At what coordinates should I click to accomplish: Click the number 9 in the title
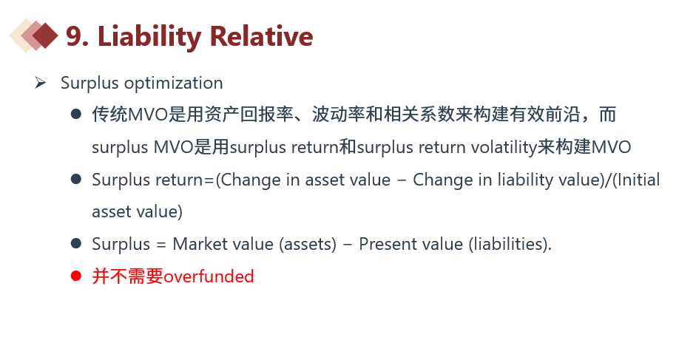pyautogui.click(x=74, y=35)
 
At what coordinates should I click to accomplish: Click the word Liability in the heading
pyautogui.click(x=149, y=37)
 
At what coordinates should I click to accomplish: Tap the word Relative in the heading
pyautogui.click(x=261, y=35)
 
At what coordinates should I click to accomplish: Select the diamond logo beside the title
pyautogui.click(x=33, y=35)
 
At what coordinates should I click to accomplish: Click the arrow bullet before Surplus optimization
pyautogui.click(x=40, y=82)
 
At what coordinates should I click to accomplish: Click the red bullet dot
pyautogui.click(x=76, y=276)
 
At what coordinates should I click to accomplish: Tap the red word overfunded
pyautogui.click(x=209, y=276)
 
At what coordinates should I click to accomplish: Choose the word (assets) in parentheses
pyautogui.click(x=308, y=245)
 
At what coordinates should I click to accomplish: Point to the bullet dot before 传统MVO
pyautogui.click(x=76, y=114)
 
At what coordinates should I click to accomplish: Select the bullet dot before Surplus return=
pyautogui.click(x=76, y=179)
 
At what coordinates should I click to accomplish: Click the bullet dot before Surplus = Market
pyautogui.click(x=76, y=243)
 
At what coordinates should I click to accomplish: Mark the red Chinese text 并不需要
pyautogui.click(x=128, y=276)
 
